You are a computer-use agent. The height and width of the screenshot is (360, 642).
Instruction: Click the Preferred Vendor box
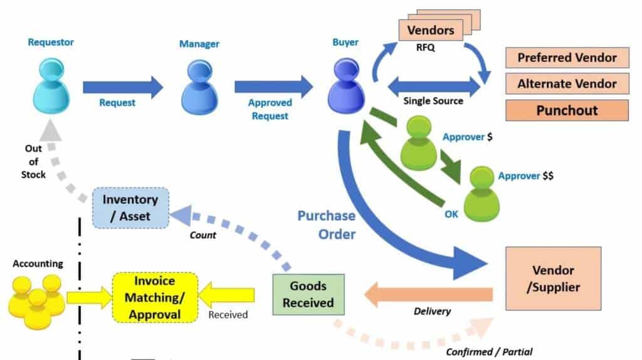point(567,58)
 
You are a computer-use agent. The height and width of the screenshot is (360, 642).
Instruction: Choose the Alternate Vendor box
point(567,83)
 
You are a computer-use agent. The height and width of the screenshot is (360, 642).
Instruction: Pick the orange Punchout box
point(567,110)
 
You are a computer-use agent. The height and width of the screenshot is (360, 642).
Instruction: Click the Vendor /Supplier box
point(553,278)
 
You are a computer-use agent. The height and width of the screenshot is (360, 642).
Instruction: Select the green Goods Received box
point(308,294)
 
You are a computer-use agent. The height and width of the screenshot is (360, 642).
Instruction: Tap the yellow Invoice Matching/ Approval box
point(155,297)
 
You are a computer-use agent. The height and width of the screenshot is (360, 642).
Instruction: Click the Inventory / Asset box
point(130,208)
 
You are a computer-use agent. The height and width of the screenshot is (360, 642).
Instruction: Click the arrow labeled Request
point(122,87)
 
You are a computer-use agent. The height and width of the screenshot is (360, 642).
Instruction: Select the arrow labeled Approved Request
point(273,86)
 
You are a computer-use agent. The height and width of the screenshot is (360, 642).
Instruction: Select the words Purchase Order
point(326,225)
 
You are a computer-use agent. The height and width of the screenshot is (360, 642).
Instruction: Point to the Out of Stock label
point(33,162)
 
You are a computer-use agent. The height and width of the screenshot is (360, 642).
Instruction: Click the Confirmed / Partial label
point(489,351)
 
